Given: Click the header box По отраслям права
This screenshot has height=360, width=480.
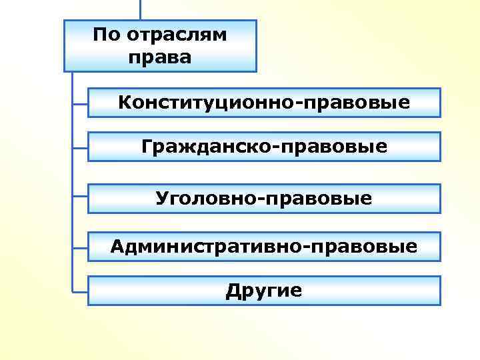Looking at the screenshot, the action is tap(160, 45).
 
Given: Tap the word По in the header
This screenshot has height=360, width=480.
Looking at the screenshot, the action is tap(107, 34).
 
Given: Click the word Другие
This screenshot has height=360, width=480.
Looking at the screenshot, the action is tap(264, 291).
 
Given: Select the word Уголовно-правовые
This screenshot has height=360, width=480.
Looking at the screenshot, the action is tap(264, 198).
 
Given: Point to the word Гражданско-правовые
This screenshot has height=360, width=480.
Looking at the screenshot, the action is tap(264, 146).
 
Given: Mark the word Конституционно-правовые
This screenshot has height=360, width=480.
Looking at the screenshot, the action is tap(264, 103).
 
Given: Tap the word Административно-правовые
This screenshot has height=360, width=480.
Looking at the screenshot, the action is tap(264, 247).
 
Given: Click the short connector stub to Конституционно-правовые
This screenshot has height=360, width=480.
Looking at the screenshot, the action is tap(80, 103).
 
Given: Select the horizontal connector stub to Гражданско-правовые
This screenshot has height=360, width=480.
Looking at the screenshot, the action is tap(80, 147).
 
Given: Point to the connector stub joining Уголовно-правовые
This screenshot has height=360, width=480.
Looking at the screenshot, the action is tap(80, 196).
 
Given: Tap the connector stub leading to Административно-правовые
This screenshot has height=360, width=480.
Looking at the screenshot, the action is tap(80, 245).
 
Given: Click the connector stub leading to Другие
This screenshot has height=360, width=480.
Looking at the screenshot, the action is tap(80, 289).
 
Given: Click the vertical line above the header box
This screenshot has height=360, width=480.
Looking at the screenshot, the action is tap(140, 9).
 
